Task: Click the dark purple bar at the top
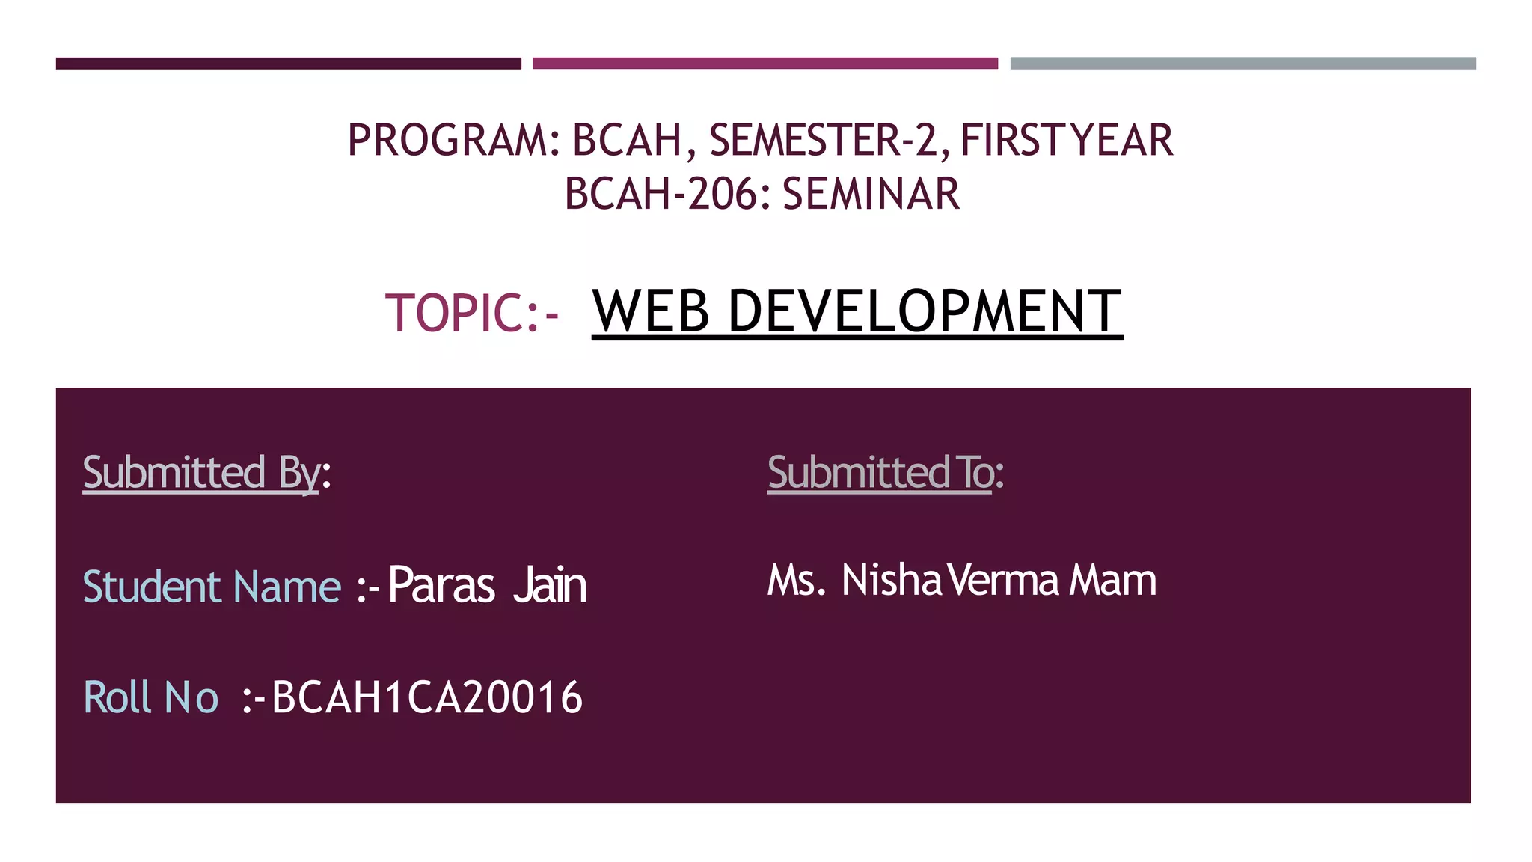pos(288,64)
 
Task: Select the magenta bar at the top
pos(765,64)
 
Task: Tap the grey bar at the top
pos(1243,64)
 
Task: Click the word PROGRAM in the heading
pos(447,141)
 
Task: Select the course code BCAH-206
pos(661,194)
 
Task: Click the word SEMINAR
pos(871,194)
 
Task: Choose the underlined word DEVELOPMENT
pos(925,311)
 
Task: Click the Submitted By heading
pos(202,473)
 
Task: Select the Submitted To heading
pos(881,473)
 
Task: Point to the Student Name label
pos(212,587)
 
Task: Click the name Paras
pos(441,585)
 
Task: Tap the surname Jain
pos(550,585)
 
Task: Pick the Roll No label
pos(150,697)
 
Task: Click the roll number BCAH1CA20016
pos(427,697)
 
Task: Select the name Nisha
pos(891,581)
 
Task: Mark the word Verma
pos(1002,581)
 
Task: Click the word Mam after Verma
pos(1112,581)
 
